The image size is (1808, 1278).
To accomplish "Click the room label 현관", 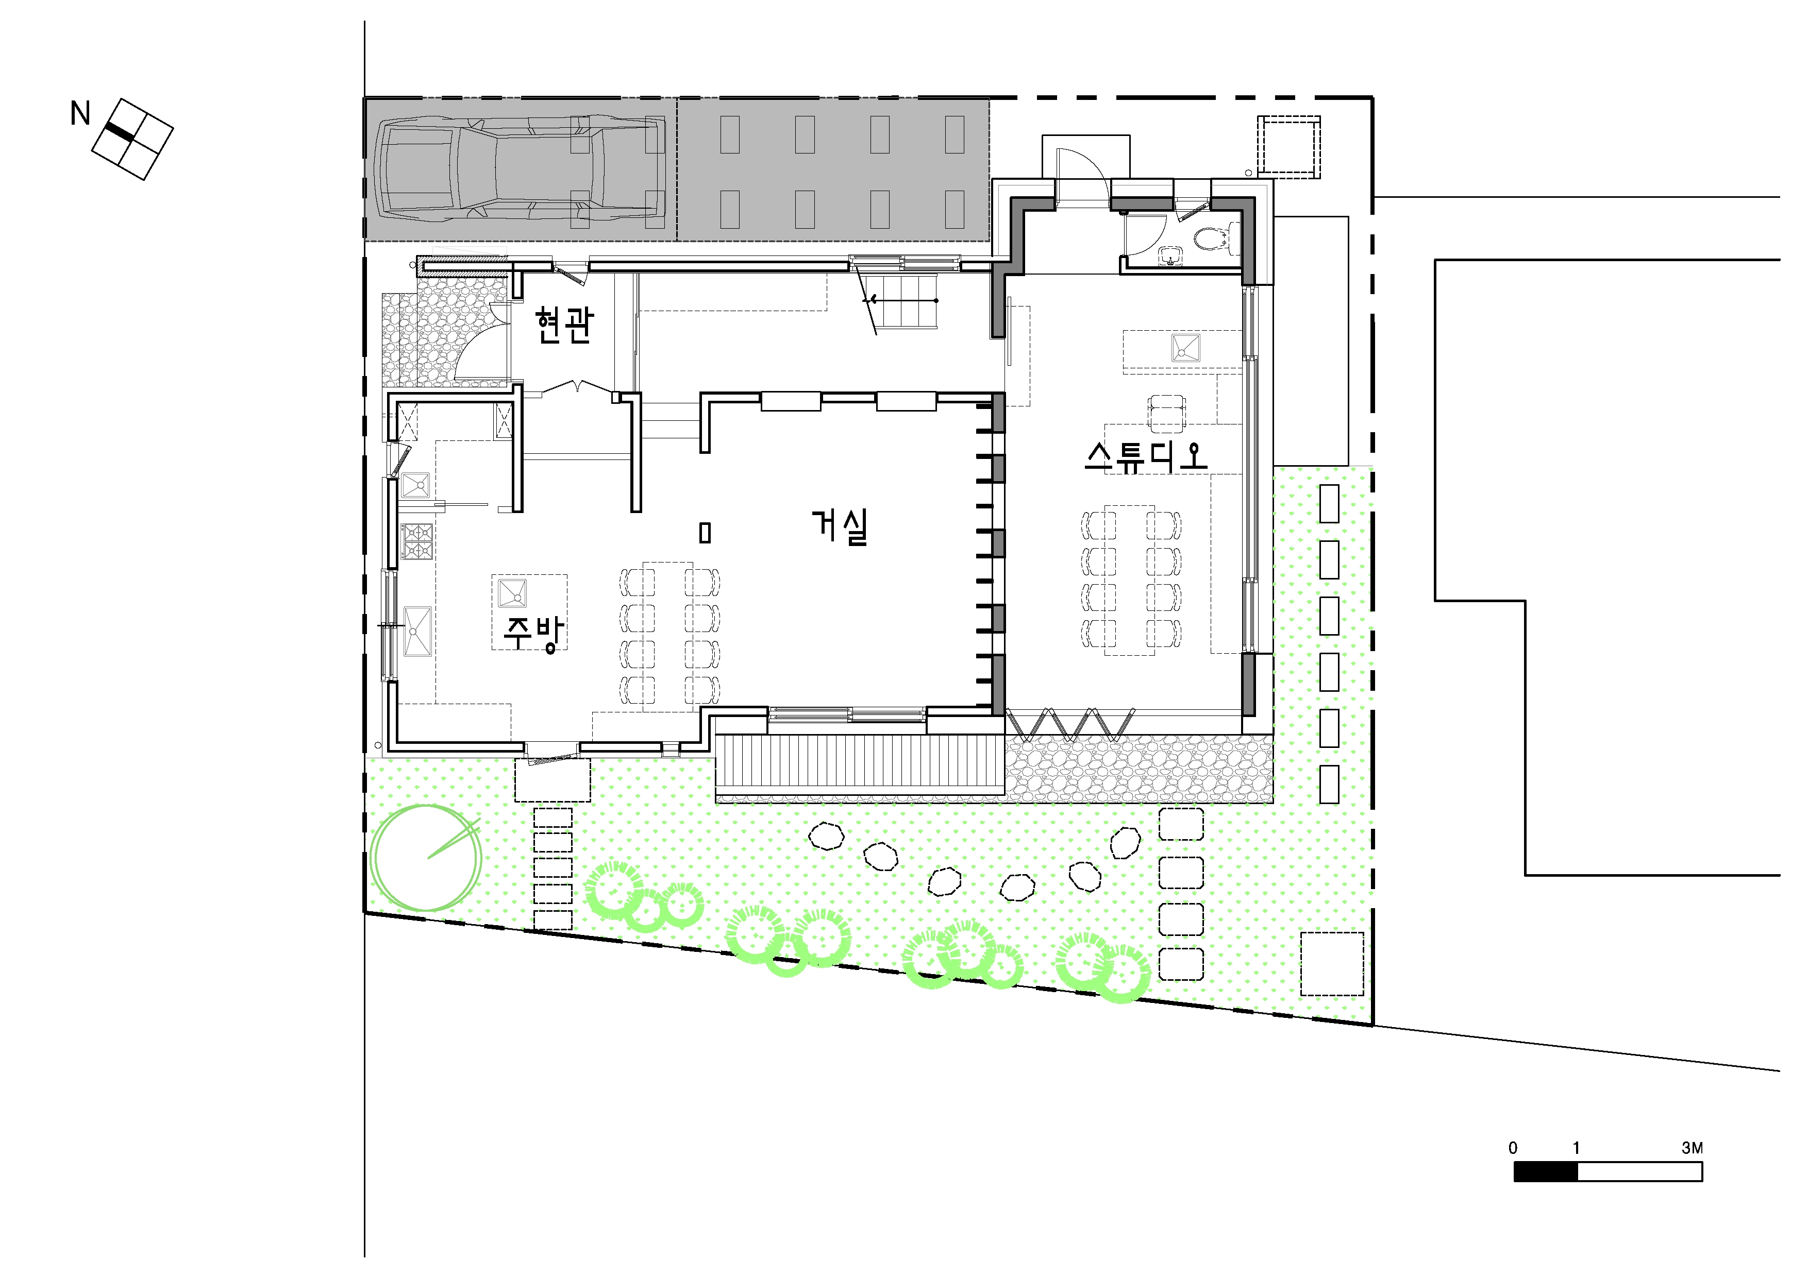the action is (x=564, y=325).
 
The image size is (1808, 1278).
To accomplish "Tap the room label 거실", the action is (x=840, y=527).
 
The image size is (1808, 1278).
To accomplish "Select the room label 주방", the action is (x=534, y=634).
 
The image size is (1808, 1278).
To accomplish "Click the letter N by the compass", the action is (x=79, y=114).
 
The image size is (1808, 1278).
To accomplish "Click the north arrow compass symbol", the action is (x=132, y=139).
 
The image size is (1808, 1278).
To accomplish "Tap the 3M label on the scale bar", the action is (x=1692, y=1148).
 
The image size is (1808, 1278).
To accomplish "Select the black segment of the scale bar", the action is (x=1546, y=1172).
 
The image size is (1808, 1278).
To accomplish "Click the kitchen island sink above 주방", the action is (x=513, y=592).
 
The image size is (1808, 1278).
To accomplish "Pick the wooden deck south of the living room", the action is (x=860, y=763).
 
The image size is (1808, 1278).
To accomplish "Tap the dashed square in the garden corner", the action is (x=1332, y=964).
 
